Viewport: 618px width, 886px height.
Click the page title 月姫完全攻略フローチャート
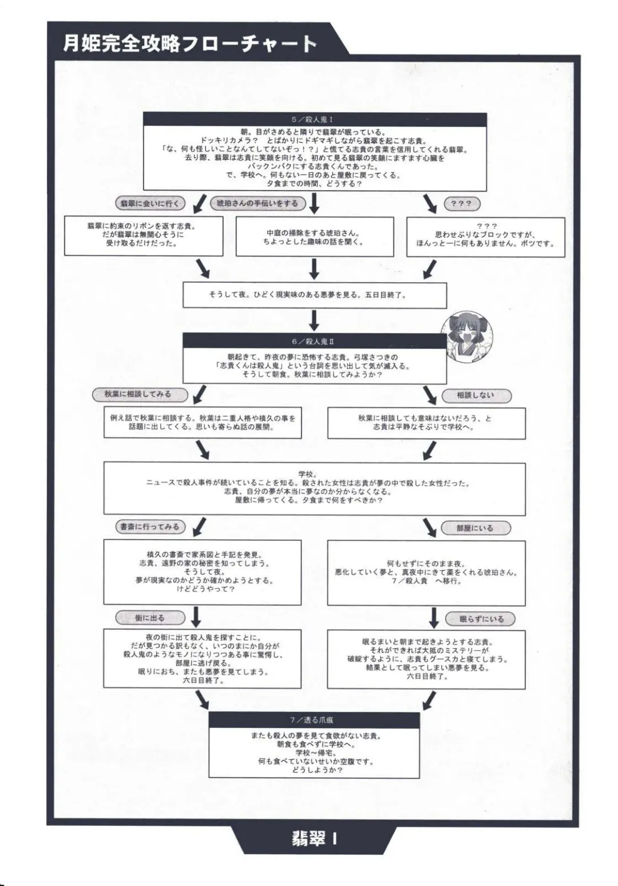(189, 43)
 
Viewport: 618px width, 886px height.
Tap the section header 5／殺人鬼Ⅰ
(314, 120)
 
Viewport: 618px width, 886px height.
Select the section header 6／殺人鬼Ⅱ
(314, 341)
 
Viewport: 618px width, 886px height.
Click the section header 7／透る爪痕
(314, 719)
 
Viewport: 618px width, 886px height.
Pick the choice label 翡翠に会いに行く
(150, 203)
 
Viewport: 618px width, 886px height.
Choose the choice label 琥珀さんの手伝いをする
(257, 203)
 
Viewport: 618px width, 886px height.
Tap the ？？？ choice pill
(462, 204)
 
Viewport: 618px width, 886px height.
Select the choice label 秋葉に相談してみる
(137, 394)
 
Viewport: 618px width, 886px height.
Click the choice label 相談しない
(476, 395)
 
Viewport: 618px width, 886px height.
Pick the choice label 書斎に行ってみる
(150, 527)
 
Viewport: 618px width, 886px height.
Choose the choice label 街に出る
(150, 618)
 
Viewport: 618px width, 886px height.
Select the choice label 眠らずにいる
(482, 619)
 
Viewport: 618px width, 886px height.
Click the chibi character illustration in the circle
(466, 338)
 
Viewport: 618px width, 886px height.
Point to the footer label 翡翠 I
(314, 839)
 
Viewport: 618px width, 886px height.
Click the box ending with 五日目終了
(314, 295)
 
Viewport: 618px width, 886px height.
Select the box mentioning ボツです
(485, 236)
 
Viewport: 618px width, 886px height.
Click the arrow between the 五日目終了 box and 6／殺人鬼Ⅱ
(314, 320)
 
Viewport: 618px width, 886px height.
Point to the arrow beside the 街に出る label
(196, 617)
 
